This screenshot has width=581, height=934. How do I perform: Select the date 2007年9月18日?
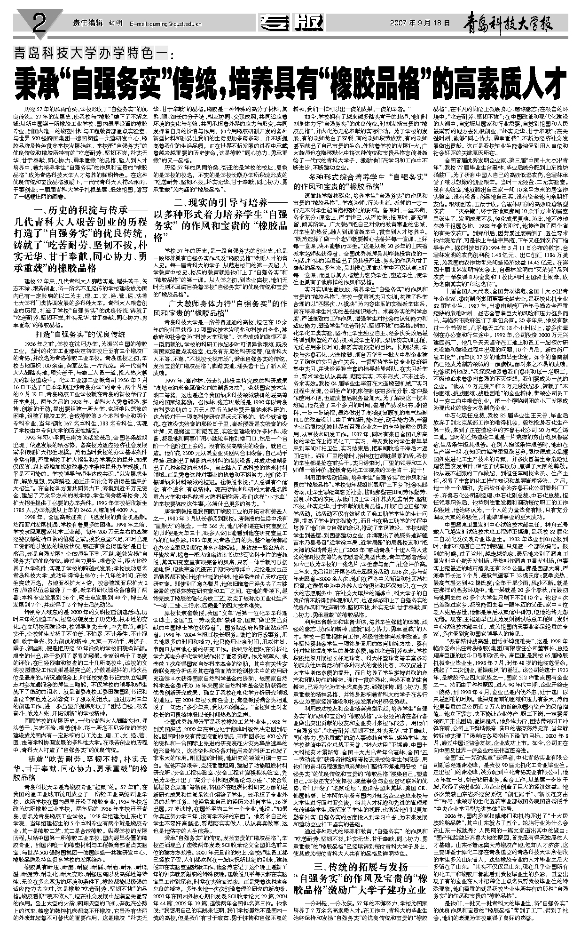pos(420,23)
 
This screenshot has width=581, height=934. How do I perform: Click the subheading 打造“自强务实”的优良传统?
pos(87,334)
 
